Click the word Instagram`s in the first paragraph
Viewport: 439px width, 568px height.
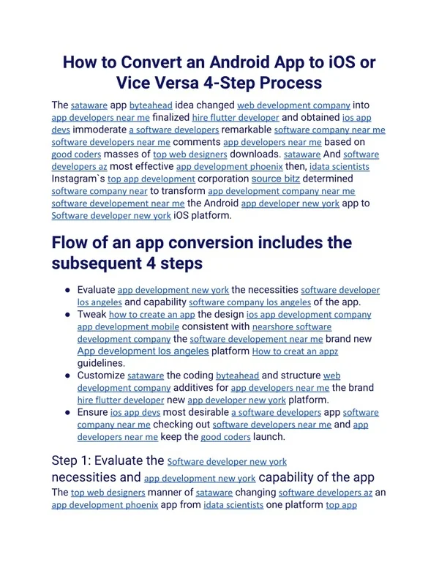click(78, 178)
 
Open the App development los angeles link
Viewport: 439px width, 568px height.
click(143, 351)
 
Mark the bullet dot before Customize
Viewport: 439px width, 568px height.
click(67, 375)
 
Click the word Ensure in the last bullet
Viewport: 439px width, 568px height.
click(92, 412)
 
